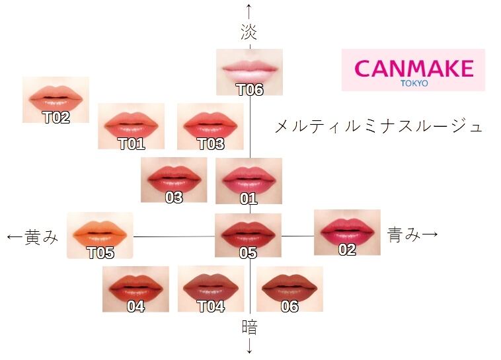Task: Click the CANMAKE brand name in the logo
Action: pos(413,67)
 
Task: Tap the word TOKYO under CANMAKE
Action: pos(414,83)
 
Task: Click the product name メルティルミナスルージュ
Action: pos(379,126)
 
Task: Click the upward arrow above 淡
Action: pos(249,11)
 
